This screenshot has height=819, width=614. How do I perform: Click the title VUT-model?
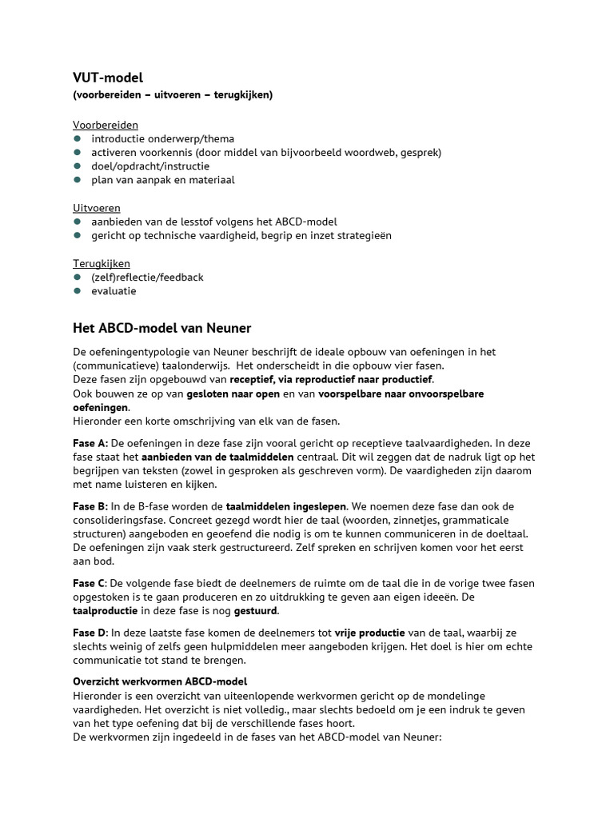(108, 78)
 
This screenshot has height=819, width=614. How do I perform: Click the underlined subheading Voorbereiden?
(106, 125)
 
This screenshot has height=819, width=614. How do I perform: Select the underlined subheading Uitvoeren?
(97, 208)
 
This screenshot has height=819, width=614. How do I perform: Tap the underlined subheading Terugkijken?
(102, 263)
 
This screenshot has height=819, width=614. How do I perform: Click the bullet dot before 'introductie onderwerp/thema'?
(78, 139)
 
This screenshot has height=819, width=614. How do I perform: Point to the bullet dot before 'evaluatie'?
(78, 291)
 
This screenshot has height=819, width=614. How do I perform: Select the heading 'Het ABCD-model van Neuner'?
(162, 328)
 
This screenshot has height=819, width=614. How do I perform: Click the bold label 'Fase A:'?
(90, 443)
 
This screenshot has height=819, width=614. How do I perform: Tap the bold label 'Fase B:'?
(90, 506)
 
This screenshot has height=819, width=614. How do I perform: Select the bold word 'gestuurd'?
(254, 611)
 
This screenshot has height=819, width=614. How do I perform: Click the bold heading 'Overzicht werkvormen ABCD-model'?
(160, 681)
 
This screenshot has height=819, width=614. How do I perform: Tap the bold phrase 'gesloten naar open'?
(236, 394)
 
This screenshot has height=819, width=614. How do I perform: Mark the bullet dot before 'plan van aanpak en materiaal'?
(78, 180)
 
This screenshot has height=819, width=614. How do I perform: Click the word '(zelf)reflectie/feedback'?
(147, 277)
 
